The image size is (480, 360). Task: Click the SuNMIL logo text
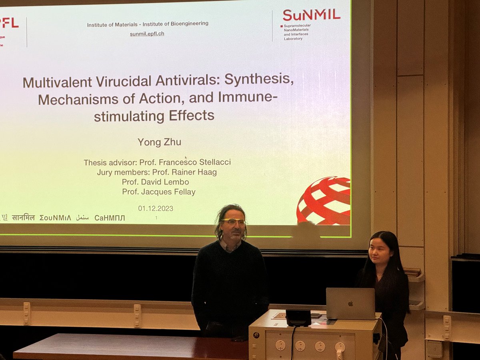click(311, 15)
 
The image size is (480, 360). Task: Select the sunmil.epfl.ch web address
click(147, 34)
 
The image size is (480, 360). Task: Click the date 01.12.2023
click(156, 208)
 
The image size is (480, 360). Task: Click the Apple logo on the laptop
click(350, 304)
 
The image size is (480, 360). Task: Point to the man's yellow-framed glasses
click(234, 221)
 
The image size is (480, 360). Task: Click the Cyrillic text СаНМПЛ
click(110, 218)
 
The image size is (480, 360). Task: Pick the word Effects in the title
click(192, 116)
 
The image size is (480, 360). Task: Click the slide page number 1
click(156, 218)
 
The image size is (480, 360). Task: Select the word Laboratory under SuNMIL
click(293, 39)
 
